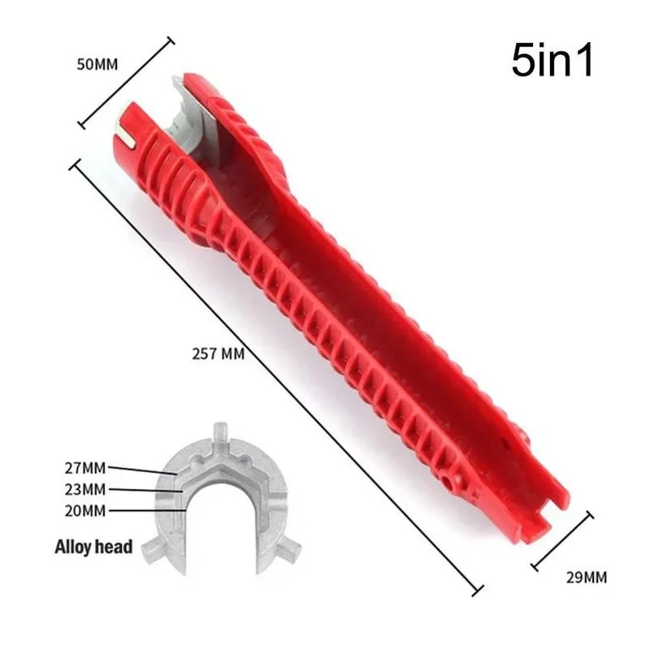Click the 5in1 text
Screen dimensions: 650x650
552,61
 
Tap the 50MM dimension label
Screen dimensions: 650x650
98,64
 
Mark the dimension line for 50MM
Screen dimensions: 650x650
125,81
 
